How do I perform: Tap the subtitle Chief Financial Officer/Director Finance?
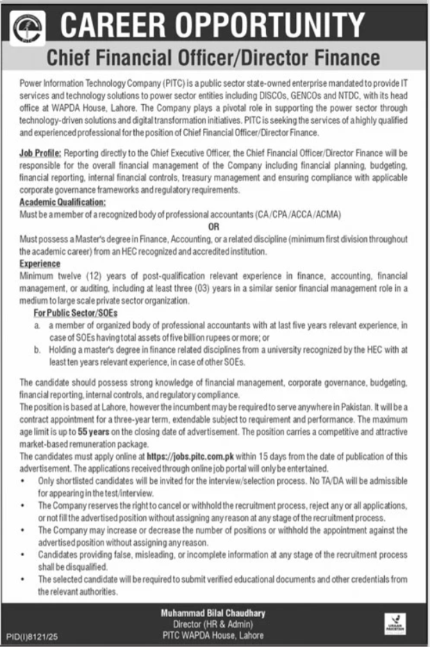pyautogui.click(x=214, y=57)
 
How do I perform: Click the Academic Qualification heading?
pyautogui.click(x=63, y=201)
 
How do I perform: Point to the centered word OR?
pyautogui.click(x=214, y=226)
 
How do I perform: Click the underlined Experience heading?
pyautogui.click(x=40, y=264)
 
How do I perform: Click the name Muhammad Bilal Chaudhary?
pyautogui.click(x=213, y=614)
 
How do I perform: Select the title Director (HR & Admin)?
pyautogui.click(x=213, y=623)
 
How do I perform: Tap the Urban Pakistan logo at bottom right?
pyautogui.click(x=393, y=624)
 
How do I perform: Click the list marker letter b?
pyautogui.click(x=37, y=351)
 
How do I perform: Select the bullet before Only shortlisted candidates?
pyautogui.click(x=24, y=480)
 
